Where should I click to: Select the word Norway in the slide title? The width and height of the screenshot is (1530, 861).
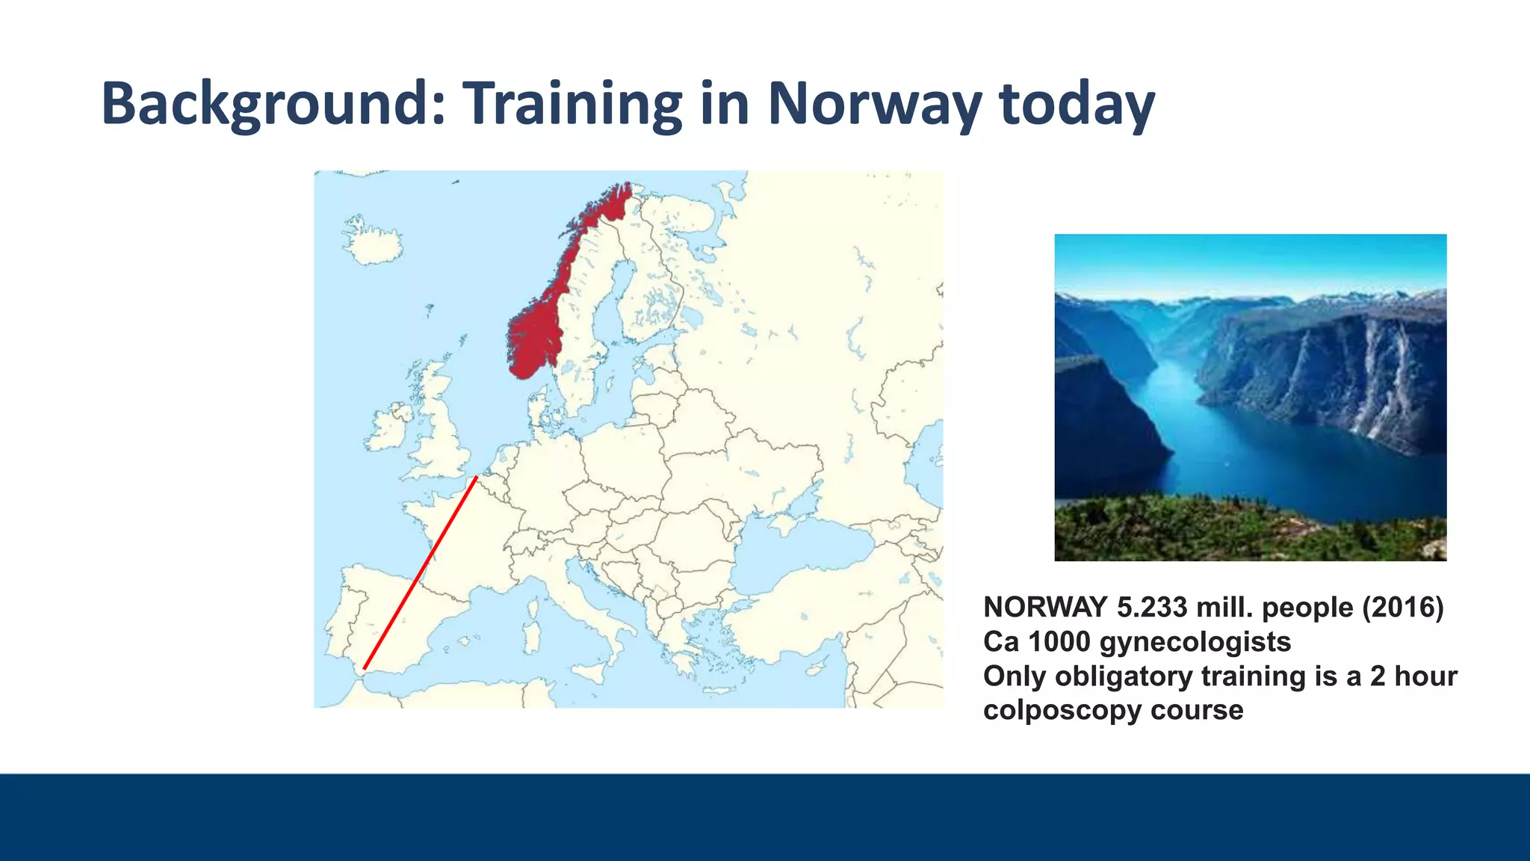click(x=874, y=105)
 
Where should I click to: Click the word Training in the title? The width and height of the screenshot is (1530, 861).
click(x=572, y=105)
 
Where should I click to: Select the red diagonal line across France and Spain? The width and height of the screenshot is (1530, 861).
click(x=420, y=573)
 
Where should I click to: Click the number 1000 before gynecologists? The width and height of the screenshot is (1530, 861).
click(x=1059, y=642)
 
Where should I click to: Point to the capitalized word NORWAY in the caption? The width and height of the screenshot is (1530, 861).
click(x=1045, y=608)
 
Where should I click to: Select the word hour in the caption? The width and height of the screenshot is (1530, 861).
click(x=1425, y=676)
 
